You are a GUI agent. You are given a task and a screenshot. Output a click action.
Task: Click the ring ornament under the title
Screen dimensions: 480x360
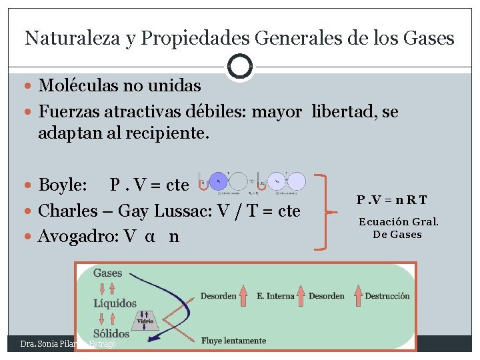point(239,67)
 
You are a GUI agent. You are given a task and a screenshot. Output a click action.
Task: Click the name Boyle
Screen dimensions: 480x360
point(63,184)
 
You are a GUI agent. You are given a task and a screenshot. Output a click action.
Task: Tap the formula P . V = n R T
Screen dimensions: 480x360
point(392,199)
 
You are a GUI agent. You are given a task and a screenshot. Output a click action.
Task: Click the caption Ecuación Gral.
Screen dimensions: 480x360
point(399,222)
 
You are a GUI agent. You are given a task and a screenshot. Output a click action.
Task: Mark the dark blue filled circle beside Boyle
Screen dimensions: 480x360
point(219,181)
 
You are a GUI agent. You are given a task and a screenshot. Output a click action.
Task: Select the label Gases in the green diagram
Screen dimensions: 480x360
point(107,273)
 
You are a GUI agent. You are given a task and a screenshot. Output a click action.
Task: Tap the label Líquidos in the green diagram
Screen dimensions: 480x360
point(115,303)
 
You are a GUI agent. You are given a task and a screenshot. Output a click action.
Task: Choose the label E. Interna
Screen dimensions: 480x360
point(275,295)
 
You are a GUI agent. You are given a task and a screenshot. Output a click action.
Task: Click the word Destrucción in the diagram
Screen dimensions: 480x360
point(387,295)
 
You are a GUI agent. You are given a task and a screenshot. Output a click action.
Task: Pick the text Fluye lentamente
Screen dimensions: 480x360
point(233,341)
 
